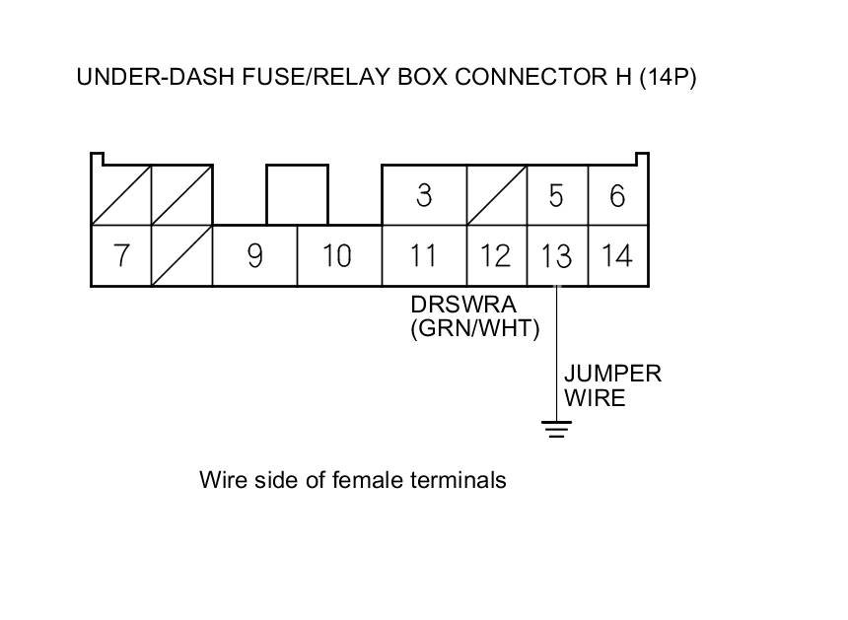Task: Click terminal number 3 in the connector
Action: coord(424,195)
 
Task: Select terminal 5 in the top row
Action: coord(557,195)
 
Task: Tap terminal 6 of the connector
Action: coord(617,195)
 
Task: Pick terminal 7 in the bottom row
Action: coord(121,255)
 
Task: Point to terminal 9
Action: coord(254,255)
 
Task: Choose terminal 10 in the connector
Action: coord(339,255)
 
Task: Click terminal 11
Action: coord(424,255)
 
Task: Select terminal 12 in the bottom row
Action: coord(496,255)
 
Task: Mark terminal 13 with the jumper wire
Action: coord(557,255)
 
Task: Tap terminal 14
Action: coord(617,255)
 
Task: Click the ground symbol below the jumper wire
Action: coord(556,429)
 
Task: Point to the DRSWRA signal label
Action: coord(463,305)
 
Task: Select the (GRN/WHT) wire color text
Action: coord(475,328)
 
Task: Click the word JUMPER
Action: coord(612,374)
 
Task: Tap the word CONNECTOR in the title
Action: coord(531,77)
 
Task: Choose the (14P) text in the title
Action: coord(668,77)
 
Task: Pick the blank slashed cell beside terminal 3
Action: coord(496,195)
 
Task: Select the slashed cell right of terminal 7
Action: coord(181,255)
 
